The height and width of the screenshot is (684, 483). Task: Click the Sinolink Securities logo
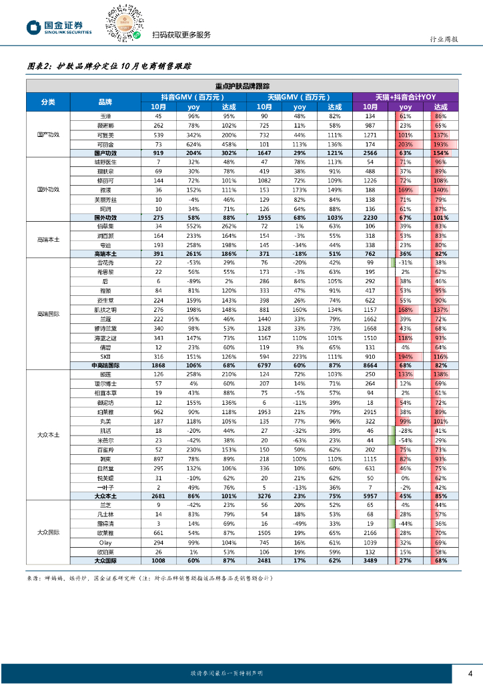click(x=59, y=27)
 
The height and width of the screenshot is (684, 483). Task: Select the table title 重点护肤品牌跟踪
click(x=243, y=85)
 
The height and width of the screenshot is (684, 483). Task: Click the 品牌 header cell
click(x=105, y=102)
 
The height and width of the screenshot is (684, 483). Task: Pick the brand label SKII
click(x=105, y=357)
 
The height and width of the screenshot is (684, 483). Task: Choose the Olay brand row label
click(x=105, y=543)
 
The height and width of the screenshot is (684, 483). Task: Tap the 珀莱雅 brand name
click(x=105, y=413)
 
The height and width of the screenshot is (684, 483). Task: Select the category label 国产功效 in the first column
click(x=48, y=134)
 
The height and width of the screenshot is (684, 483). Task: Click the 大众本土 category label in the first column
click(x=48, y=435)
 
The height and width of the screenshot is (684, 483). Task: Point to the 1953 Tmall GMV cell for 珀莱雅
click(x=264, y=413)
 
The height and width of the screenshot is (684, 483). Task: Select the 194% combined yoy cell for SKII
click(x=405, y=357)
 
